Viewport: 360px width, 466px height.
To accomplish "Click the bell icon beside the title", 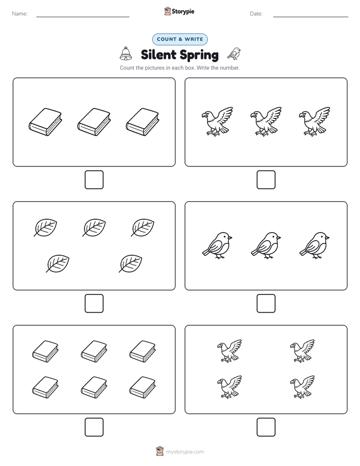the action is (x=126, y=54).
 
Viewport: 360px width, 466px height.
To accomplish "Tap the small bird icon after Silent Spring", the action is (x=234, y=53).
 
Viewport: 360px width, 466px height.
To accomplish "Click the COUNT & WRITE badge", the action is (x=179, y=39).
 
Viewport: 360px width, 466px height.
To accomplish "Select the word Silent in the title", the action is (x=158, y=54).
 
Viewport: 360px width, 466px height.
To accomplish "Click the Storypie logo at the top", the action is (x=179, y=11).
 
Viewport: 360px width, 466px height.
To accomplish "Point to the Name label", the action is (x=20, y=14).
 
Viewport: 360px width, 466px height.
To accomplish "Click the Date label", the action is (x=256, y=14).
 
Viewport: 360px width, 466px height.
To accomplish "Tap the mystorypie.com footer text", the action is (x=185, y=452).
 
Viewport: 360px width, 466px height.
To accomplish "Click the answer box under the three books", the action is (x=94, y=180).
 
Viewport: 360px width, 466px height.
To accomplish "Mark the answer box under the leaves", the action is (x=94, y=304).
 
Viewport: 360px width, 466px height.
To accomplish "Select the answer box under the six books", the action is (x=94, y=427).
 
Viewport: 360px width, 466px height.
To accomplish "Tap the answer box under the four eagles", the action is (x=266, y=427).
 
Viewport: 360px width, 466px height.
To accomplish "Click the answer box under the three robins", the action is (x=266, y=304).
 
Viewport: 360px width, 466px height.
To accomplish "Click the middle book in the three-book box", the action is (x=94, y=122).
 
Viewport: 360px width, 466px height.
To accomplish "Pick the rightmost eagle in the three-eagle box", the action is (x=314, y=122).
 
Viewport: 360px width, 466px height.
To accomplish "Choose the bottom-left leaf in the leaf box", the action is (x=57, y=263).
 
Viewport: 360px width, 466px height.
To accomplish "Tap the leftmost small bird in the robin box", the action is (x=217, y=246).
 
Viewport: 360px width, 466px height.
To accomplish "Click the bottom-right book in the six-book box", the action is (x=143, y=387).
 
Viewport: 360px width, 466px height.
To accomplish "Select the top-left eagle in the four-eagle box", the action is (x=229, y=351).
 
